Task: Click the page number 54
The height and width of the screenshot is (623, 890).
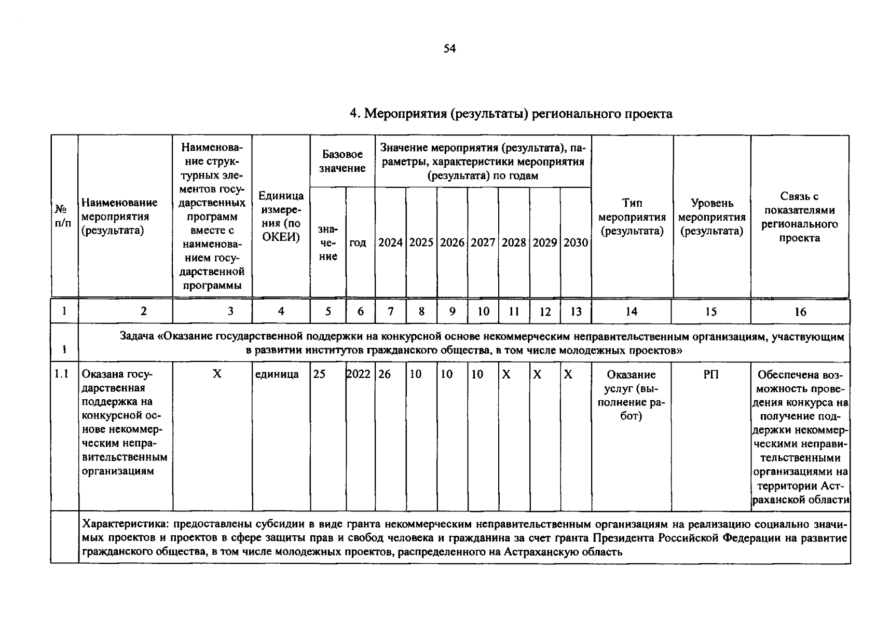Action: tap(449, 49)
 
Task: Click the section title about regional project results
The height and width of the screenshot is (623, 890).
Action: tap(511, 114)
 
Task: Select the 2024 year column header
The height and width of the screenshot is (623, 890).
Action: tap(390, 242)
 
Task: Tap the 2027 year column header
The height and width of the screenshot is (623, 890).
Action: tap(483, 242)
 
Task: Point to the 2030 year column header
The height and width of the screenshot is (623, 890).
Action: tap(576, 242)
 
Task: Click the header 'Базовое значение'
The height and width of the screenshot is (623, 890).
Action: tap(342, 161)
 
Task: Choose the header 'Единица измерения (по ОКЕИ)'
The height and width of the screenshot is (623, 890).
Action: tap(281, 216)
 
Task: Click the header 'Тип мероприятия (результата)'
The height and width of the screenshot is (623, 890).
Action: tap(632, 216)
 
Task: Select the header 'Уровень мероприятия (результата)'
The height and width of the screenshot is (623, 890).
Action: tap(711, 216)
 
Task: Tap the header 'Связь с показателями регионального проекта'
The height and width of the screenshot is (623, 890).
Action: tap(799, 216)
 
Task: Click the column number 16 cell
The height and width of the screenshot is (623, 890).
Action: tap(800, 311)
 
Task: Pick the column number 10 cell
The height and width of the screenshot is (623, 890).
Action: tap(483, 311)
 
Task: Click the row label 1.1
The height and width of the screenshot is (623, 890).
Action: tap(62, 374)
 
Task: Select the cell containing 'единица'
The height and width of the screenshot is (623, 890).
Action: tap(277, 374)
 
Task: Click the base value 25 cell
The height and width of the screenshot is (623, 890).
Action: tap(319, 374)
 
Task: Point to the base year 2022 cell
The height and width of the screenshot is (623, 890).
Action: tap(359, 374)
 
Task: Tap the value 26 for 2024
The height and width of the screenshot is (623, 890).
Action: tap(385, 374)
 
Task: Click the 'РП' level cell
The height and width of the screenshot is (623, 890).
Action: tap(711, 374)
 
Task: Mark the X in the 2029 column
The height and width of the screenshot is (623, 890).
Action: tap(538, 374)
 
